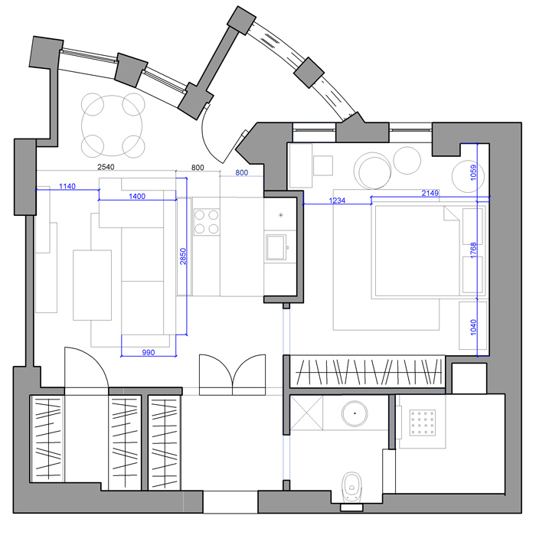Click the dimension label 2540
pos(106,167)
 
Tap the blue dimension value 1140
pos(67,186)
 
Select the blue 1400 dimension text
pos(137,197)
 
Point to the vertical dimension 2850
pos(183,256)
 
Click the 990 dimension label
pos(149,352)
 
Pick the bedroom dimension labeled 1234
pos(337,201)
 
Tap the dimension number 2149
pos(430,193)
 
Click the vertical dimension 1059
pos(473,172)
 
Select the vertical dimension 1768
pos(473,250)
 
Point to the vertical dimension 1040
pos(473,328)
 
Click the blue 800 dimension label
pos(242,173)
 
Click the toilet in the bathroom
pos(351,487)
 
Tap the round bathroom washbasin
pos(355,413)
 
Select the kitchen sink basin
pos(276,247)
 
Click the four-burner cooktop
pos(207,222)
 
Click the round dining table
pos(112,126)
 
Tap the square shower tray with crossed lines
pos(306,413)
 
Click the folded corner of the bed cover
pos(451,214)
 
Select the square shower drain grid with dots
pos(423,423)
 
